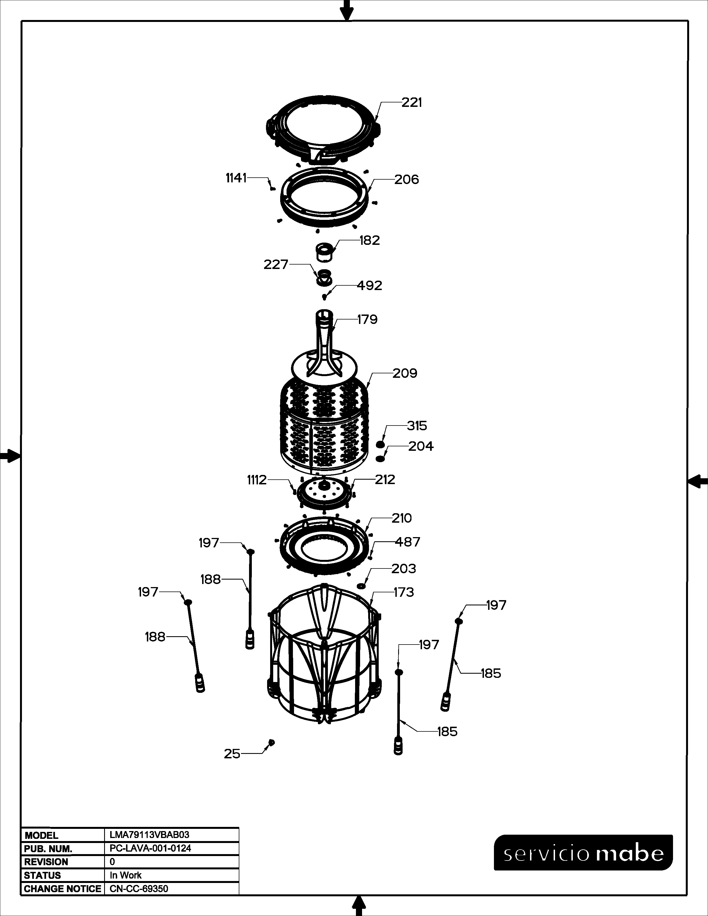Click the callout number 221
click(x=411, y=102)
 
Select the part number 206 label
click(x=406, y=180)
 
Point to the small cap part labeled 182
click(x=325, y=251)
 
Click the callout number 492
click(x=370, y=286)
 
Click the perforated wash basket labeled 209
click(x=324, y=422)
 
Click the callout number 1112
click(x=257, y=480)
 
